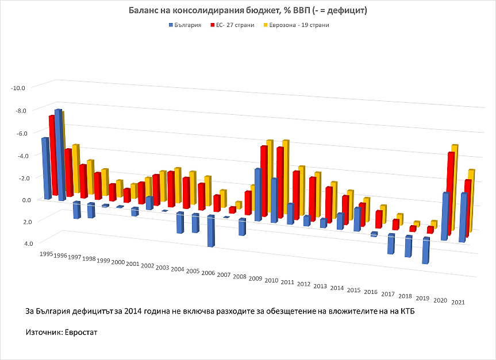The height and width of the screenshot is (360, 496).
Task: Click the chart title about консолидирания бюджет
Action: point(248,11)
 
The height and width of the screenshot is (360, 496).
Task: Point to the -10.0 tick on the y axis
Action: point(18,87)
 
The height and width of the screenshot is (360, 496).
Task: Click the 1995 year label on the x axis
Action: point(47,253)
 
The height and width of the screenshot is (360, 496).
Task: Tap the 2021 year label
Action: point(458,302)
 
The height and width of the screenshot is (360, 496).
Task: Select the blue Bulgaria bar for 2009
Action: point(258,195)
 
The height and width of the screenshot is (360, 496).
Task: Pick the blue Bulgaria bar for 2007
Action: point(226,217)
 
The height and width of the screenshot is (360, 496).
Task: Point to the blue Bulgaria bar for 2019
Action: point(426,250)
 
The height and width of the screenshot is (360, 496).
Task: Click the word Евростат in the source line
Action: point(82,332)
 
